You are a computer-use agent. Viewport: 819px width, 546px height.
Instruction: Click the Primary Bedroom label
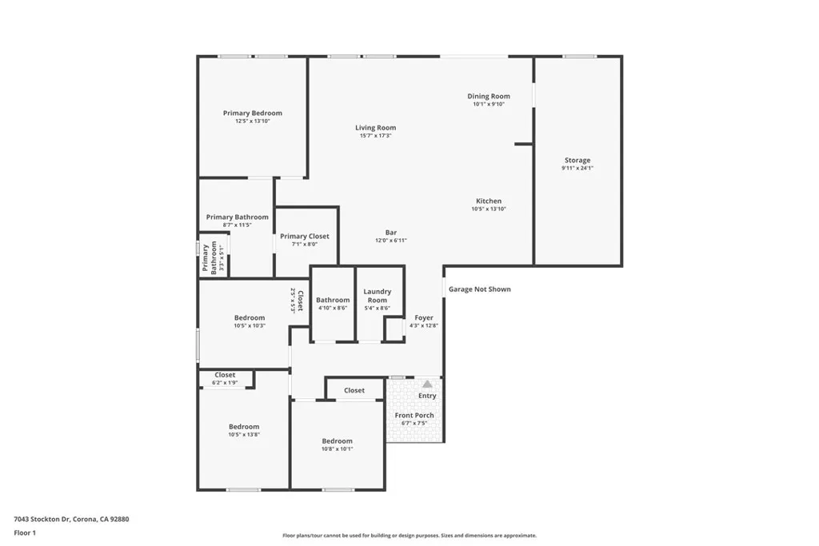[252, 114]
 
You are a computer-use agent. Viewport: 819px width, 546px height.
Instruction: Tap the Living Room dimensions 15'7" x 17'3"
[375, 136]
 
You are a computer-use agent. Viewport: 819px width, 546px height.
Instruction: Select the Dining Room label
[489, 96]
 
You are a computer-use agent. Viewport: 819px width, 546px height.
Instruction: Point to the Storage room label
[577, 161]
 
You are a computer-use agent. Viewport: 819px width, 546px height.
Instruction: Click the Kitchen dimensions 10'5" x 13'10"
[489, 209]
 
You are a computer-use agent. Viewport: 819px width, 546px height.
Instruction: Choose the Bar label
[391, 233]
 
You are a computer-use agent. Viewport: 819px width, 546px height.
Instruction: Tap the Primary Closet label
[304, 237]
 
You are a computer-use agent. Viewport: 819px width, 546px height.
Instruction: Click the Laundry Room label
[377, 296]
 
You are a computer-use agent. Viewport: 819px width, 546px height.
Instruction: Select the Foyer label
[423, 317]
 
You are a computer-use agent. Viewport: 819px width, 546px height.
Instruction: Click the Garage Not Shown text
[479, 289]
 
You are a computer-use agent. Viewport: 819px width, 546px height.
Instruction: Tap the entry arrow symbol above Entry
[427, 385]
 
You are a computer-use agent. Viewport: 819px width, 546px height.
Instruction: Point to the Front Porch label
[414, 416]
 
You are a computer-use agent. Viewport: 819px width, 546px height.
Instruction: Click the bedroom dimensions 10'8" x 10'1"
[337, 449]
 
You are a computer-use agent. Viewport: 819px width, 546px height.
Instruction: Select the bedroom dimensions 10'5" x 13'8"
[244, 434]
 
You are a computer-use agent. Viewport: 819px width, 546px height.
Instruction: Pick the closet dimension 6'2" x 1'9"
[225, 383]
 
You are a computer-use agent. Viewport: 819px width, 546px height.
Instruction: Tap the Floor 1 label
[25, 532]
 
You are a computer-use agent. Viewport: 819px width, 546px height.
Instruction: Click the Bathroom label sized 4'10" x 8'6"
[333, 300]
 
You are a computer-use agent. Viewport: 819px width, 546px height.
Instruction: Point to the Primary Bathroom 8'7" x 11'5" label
[237, 217]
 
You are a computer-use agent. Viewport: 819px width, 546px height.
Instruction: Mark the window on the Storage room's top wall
[579, 56]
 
